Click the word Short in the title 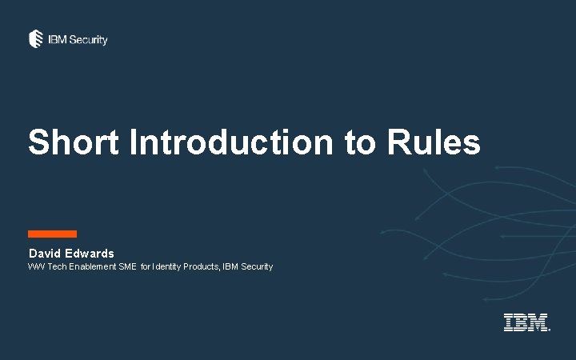click(x=73, y=142)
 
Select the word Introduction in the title click(x=230, y=142)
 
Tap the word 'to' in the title click(x=359, y=142)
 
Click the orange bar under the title click(x=52, y=234)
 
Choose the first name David click(x=46, y=254)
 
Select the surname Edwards click(x=91, y=254)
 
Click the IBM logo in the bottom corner click(x=526, y=322)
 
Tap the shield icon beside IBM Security click(x=36, y=38)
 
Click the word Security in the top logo click(x=88, y=39)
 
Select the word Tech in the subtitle click(x=58, y=266)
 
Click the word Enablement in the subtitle click(x=93, y=266)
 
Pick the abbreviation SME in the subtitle click(x=128, y=266)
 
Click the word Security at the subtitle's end click(x=257, y=266)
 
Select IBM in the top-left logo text click(x=57, y=39)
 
